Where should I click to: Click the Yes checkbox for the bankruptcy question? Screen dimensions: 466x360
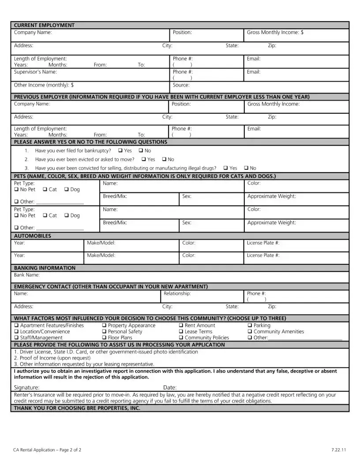[x=120, y=151]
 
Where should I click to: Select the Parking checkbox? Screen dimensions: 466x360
[x=250, y=326]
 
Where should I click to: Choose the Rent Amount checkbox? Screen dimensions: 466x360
[x=181, y=326]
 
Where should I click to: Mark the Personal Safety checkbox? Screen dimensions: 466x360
[x=105, y=332]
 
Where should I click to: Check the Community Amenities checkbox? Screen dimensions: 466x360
[x=250, y=332]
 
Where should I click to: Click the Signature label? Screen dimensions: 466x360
[x=26, y=387]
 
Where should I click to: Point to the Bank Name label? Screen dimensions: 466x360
[x=27, y=275]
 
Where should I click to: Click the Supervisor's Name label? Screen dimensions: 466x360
[x=35, y=72]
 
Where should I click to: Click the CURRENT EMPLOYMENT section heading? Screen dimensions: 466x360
[x=44, y=25]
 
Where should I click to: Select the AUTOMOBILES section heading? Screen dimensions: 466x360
[x=33, y=236]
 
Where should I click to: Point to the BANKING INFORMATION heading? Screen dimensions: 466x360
[x=45, y=268]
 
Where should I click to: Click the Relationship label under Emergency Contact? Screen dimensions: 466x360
[x=177, y=293]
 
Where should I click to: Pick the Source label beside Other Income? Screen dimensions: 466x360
[x=181, y=85]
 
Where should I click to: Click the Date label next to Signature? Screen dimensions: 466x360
[x=170, y=387]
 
